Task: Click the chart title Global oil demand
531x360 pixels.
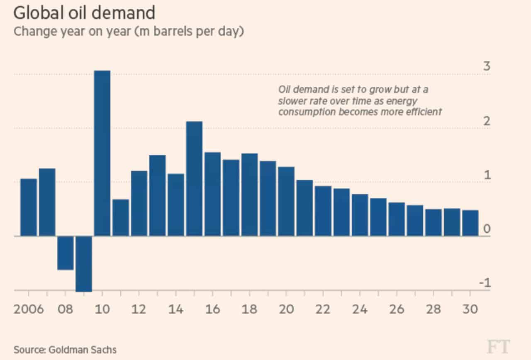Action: click(84, 13)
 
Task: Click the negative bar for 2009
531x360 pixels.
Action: click(84, 263)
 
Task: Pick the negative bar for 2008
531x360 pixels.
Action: click(66, 253)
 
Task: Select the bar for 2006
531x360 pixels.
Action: click(29, 207)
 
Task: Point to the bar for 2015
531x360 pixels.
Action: click(194, 178)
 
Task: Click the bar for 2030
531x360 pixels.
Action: click(470, 223)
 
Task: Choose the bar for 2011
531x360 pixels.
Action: click(121, 217)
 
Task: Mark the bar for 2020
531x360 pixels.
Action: click(286, 201)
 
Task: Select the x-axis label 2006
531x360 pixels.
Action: click(29, 309)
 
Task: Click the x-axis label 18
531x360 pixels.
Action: click(249, 309)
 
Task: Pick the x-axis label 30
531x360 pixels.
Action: click(470, 309)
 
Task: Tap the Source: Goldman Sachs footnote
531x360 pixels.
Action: click(65, 349)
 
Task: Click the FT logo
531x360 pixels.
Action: click(498, 346)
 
